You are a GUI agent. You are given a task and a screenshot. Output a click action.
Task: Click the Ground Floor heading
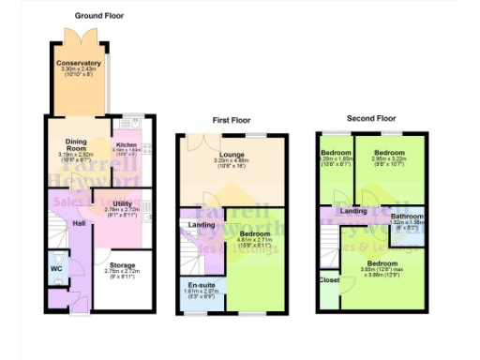99,16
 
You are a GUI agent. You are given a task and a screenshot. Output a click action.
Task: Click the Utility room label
121,202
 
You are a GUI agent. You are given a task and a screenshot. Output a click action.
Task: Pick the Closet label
329,279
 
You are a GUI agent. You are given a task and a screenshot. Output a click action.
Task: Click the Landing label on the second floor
353,211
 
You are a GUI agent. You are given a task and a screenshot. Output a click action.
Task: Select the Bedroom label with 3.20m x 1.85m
335,151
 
